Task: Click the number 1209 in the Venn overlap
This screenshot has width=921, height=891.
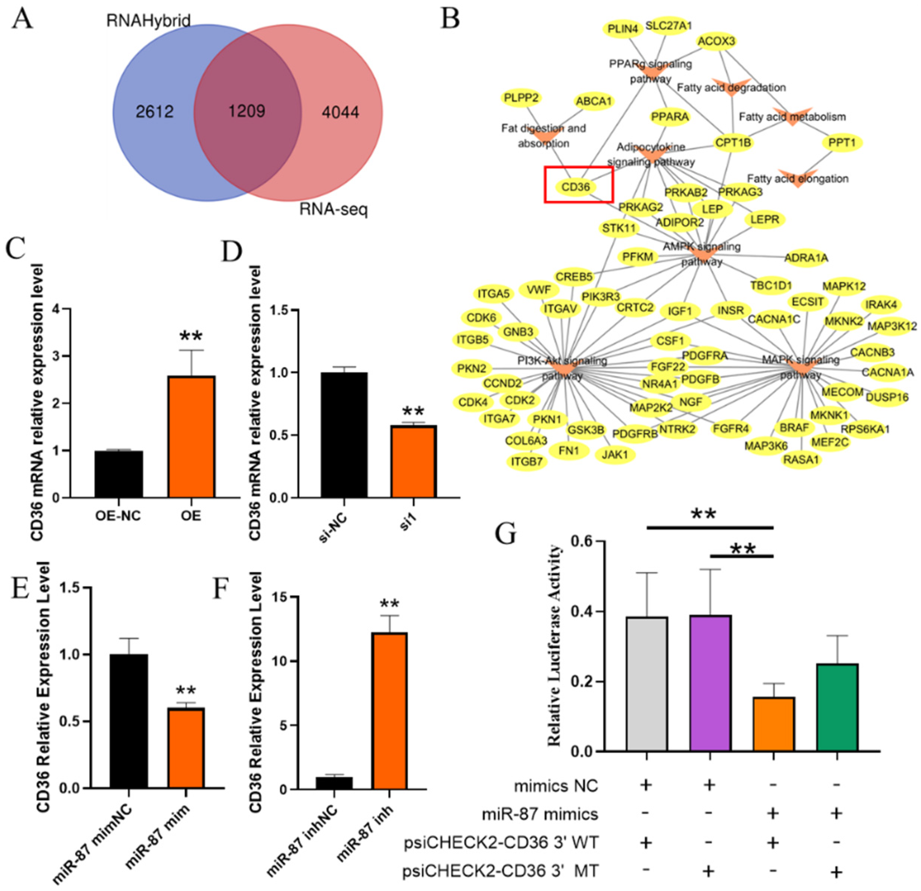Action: (247, 111)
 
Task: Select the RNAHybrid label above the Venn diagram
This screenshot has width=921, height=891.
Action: (148, 21)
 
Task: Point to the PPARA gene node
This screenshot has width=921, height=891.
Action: (670, 117)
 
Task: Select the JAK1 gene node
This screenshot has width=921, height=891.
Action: (615, 455)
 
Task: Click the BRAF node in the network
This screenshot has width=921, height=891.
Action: (794, 428)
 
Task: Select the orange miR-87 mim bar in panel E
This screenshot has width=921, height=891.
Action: (186, 747)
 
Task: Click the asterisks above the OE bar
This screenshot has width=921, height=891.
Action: (191, 337)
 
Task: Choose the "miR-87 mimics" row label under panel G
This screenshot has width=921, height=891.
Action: (540, 814)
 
